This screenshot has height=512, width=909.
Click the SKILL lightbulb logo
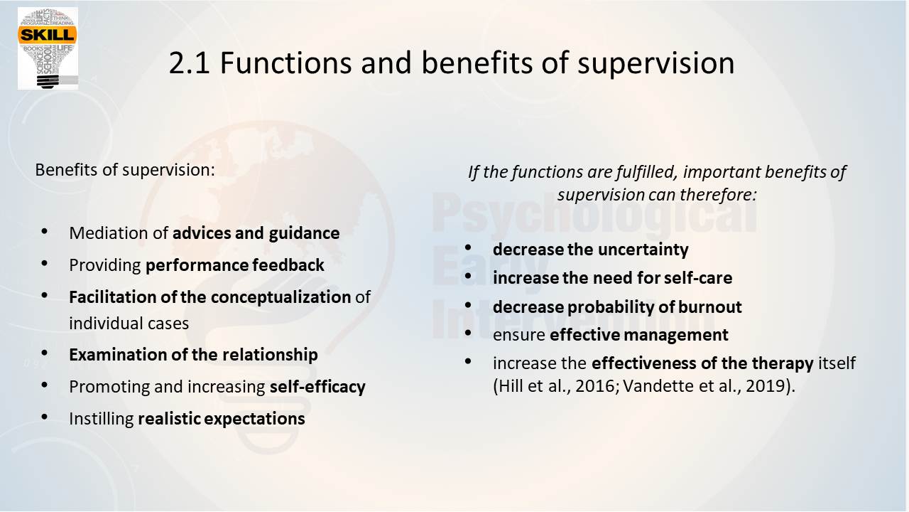[48, 48]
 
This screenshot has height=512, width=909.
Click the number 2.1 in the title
[189, 63]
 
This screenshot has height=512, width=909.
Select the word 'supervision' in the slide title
[655, 64]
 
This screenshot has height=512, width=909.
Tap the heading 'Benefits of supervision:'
[125, 170]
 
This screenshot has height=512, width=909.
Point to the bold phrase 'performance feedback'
[235, 265]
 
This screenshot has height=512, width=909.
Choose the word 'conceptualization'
[281, 297]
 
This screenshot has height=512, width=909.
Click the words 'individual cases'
[129, 324]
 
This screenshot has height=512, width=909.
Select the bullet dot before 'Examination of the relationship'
[45, 353]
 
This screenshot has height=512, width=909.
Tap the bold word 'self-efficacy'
[317, 387]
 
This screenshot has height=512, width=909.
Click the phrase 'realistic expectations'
[222, 419]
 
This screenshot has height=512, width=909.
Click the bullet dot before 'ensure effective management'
[468, 334]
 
